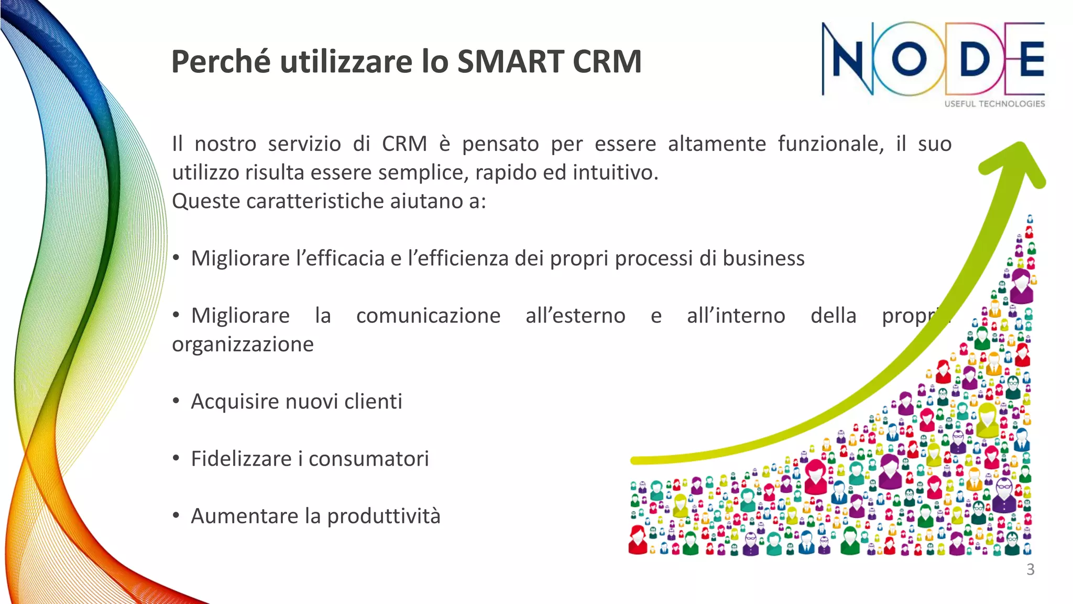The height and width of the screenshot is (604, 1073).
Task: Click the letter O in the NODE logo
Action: pyautogui.click(x=909, y=59)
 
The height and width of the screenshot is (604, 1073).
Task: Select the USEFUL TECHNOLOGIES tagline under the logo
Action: pyautogui.click(x=994, y=104)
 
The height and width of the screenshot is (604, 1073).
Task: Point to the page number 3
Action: pyautogui.click(x=1030, y=569)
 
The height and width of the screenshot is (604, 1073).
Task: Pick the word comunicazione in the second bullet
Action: pyautogui.click(x=428, y=316)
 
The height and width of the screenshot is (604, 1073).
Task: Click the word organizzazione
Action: pyautogui.click(x=243, y=344)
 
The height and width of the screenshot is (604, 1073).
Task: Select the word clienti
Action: pyautogui.click(x=373, y=402)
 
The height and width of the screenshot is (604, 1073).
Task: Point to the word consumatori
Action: pyautogui.click(x=368, y=459)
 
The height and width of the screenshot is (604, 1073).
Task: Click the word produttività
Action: pyautogui.click(x=384, y=516)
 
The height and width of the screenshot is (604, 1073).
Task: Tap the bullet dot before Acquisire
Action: pyautogui.click(x=177, y=401)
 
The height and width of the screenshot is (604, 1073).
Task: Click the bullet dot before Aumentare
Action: pyautogui.click(x=177, y=515)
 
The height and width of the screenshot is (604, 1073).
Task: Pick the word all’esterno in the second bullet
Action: pyautogui.click(x=575, y=316)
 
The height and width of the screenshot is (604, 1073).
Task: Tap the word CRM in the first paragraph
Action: pyautogui.click(x=404, y=144)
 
